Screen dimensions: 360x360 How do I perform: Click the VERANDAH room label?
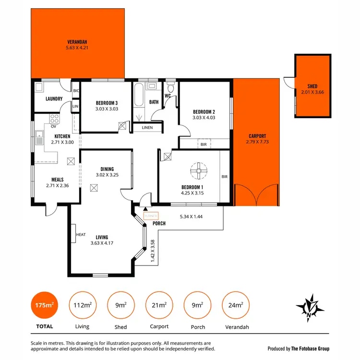pyautogui.click(x=77, y=41)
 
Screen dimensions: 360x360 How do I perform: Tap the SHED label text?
pyautogui.click(x=312, y=86)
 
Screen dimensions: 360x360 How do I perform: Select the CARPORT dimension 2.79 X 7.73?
pyautogui.click(x=257, y=142)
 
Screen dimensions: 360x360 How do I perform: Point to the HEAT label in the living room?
pyautogui.click(x=81, y=235)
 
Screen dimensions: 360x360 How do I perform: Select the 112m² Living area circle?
pyautogui.click(x=83, y=305)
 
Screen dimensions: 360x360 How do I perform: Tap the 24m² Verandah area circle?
pyautogui.click(x=236, y=305)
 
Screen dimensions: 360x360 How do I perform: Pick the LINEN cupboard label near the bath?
pyautogui.click(x=147, y=128)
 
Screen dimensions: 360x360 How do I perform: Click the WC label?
pyautogui.click(x=168, y=96)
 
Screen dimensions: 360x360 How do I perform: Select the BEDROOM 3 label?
pyautogui.click(x=106, y=103)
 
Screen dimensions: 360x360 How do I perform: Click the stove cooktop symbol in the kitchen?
pyautogui.click(x=54, y=119)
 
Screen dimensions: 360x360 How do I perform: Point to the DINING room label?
pyautogui.click(x=107, y=169)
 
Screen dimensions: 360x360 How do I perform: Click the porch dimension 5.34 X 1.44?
pyautogui.click(x=191, y=216)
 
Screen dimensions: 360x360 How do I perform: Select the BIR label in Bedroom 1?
pyautogui.click(x=224, y=177)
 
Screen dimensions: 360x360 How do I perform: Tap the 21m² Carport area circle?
pyautogui.click(x=159, y=305)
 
